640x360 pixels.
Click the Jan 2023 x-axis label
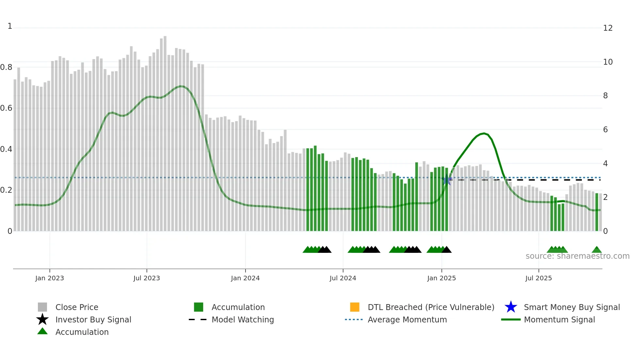pos(50,278)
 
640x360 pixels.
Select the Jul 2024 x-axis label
pos(343,278)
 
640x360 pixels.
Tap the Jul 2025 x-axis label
pos(538,278)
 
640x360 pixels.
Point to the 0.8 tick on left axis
pos(6,67)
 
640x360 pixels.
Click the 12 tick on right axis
pos(608,28)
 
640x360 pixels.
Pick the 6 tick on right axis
pos(605,130)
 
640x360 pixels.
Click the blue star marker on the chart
pos(447,180)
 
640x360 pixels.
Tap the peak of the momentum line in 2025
pos(484,133)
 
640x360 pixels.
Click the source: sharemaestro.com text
pos(577,256)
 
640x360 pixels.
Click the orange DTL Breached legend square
pos(355,307)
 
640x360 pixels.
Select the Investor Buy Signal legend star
pos(42,319)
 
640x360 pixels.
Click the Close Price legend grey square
pos(42,307)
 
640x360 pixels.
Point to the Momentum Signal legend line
pos(511,319)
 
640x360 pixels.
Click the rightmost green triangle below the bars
pos(597,250)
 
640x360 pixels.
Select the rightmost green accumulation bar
pos(597,212)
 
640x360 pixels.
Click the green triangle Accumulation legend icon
pos(42,331)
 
